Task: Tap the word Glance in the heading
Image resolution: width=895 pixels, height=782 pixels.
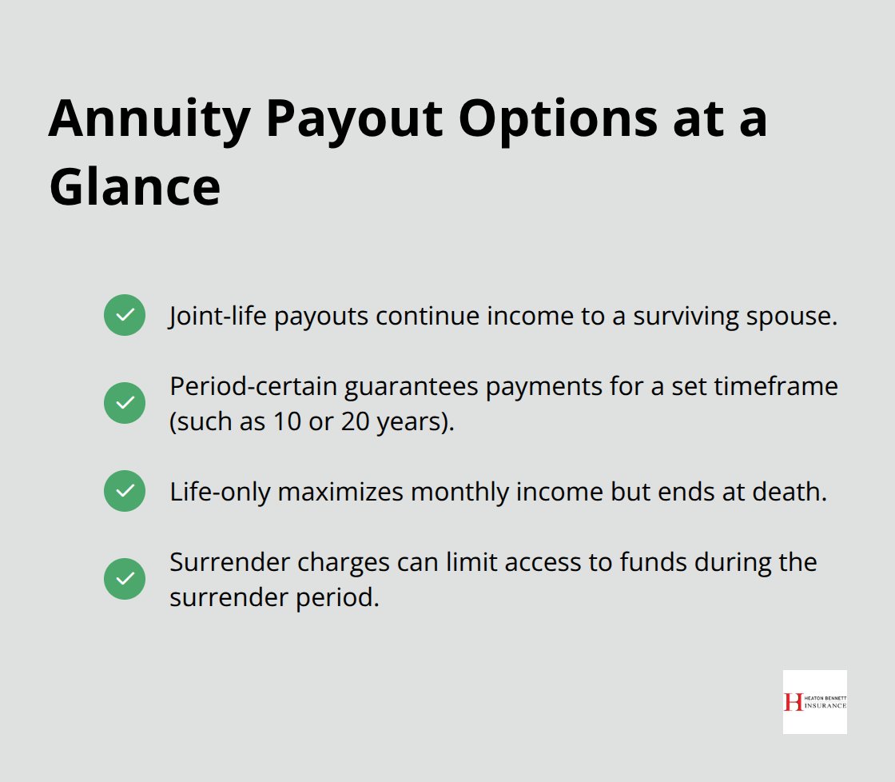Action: coord(134,188)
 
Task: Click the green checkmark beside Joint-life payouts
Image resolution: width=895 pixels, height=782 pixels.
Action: coord(125,315)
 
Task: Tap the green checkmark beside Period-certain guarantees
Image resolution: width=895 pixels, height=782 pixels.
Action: coord(125,403)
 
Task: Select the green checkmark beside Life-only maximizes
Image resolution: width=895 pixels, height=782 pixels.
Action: coord(125,491)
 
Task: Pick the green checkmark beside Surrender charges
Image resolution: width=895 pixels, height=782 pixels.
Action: coord(125,579)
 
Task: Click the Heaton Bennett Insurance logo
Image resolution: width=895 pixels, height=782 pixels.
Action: coord(814,702)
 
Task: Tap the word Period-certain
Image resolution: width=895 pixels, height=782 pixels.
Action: coord(253,387)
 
